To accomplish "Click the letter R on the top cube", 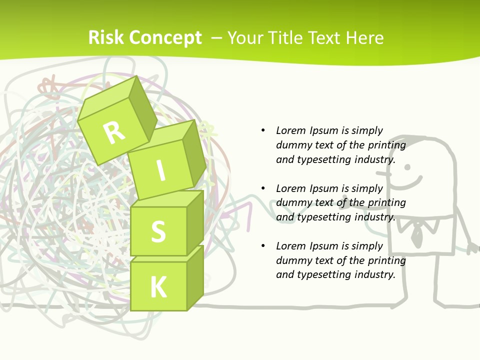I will tap(114, 132).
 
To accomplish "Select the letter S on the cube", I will tap(158, 231).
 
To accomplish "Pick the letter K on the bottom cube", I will tap(158, 287).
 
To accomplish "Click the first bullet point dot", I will tap(263, 130).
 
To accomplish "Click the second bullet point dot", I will tap(263, 188).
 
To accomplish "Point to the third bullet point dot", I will tap(263, 246).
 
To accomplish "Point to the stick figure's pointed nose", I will tap(382, 174).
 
